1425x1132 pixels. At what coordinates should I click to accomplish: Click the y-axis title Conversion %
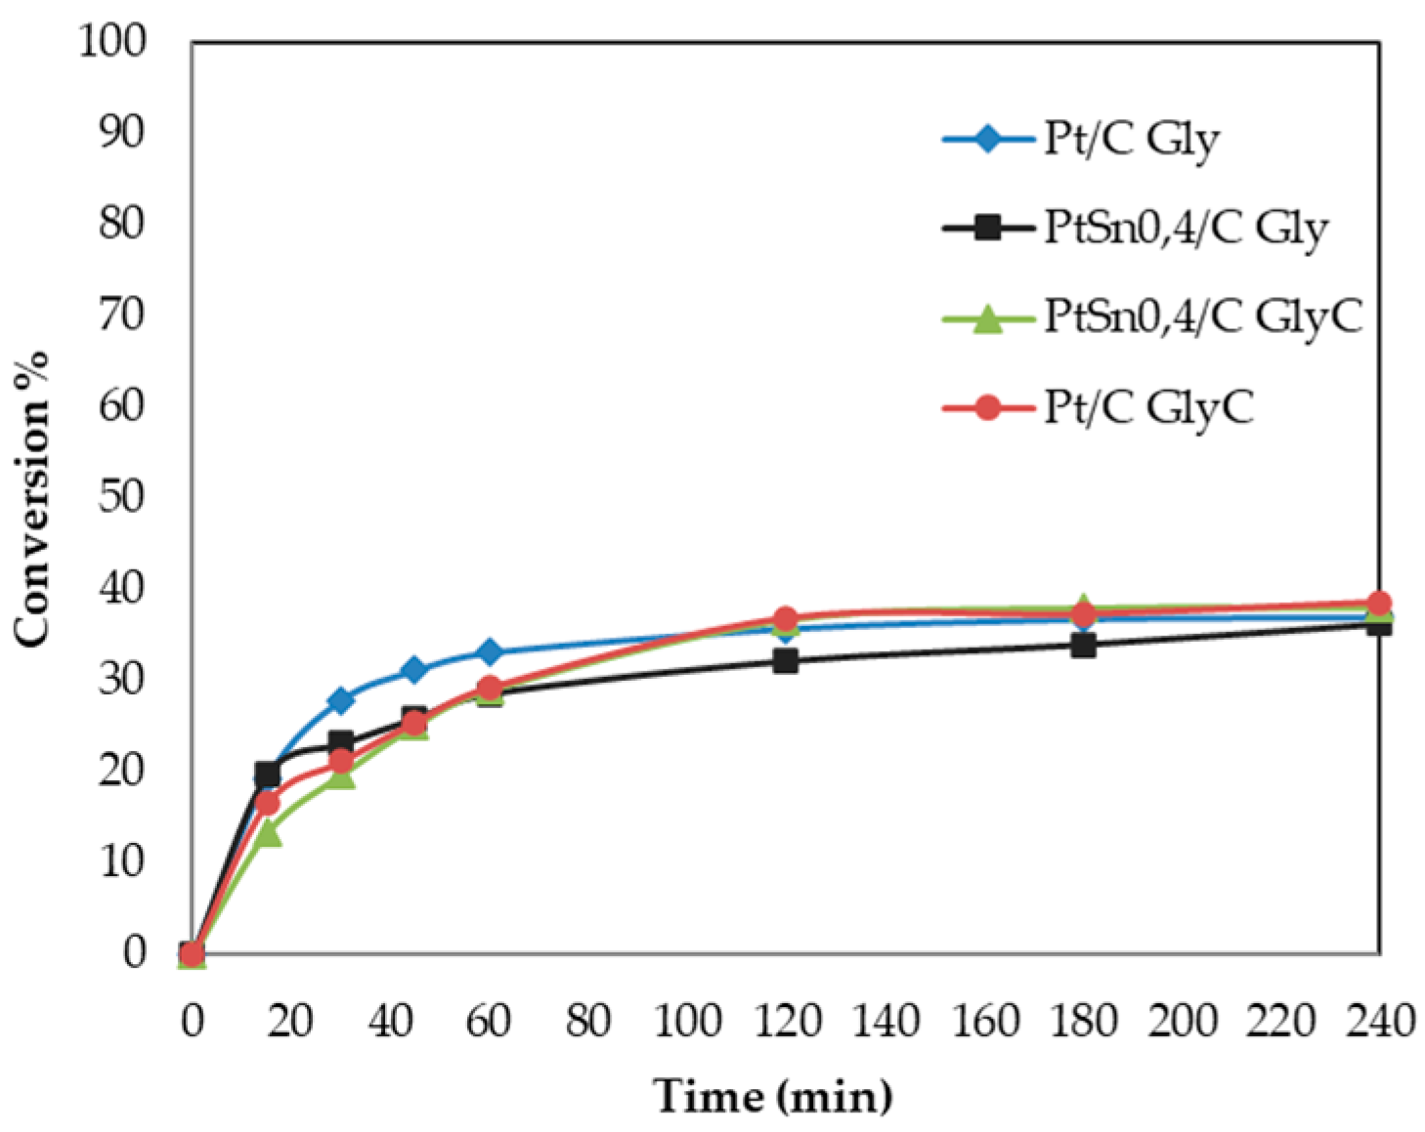point(31,497)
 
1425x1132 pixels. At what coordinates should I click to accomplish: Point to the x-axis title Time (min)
point(772,1096)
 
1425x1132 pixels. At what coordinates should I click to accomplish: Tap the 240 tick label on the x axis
point(1379,1022)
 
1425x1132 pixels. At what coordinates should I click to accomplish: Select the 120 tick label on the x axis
point(786,1022)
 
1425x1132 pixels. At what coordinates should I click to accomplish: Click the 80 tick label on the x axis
point(587,1022)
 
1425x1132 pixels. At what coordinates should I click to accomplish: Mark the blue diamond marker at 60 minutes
point(490,651)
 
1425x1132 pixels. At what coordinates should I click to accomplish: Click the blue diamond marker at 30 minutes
point(341,700)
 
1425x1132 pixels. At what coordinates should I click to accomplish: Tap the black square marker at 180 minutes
point(1083,645)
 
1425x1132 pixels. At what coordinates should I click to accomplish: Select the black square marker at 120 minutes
point(786,661)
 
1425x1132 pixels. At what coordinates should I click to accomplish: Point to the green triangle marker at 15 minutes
point(267,833)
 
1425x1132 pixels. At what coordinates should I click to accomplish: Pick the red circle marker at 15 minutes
point(267,804)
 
